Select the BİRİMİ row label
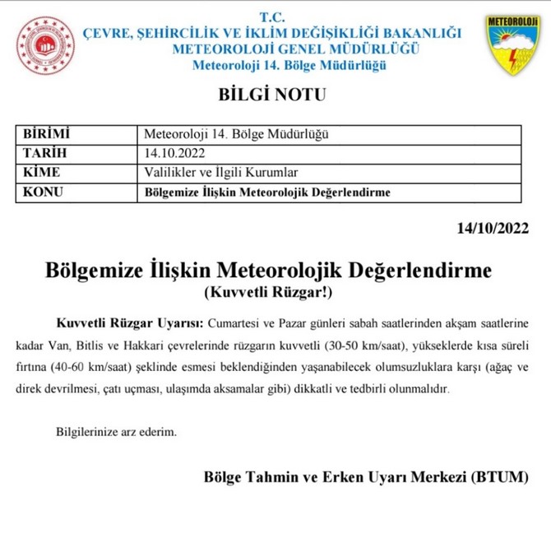[x=46, y=134]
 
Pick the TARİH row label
[x=44, y=153]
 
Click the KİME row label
[x=42, y=173]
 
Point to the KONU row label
[x=44, y=193]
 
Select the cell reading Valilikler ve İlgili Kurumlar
[x=220, y=173]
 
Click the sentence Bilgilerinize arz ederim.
[x=116, y=431]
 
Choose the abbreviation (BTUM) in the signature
[x=500, y=477]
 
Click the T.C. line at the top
[x=271, y=17]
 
